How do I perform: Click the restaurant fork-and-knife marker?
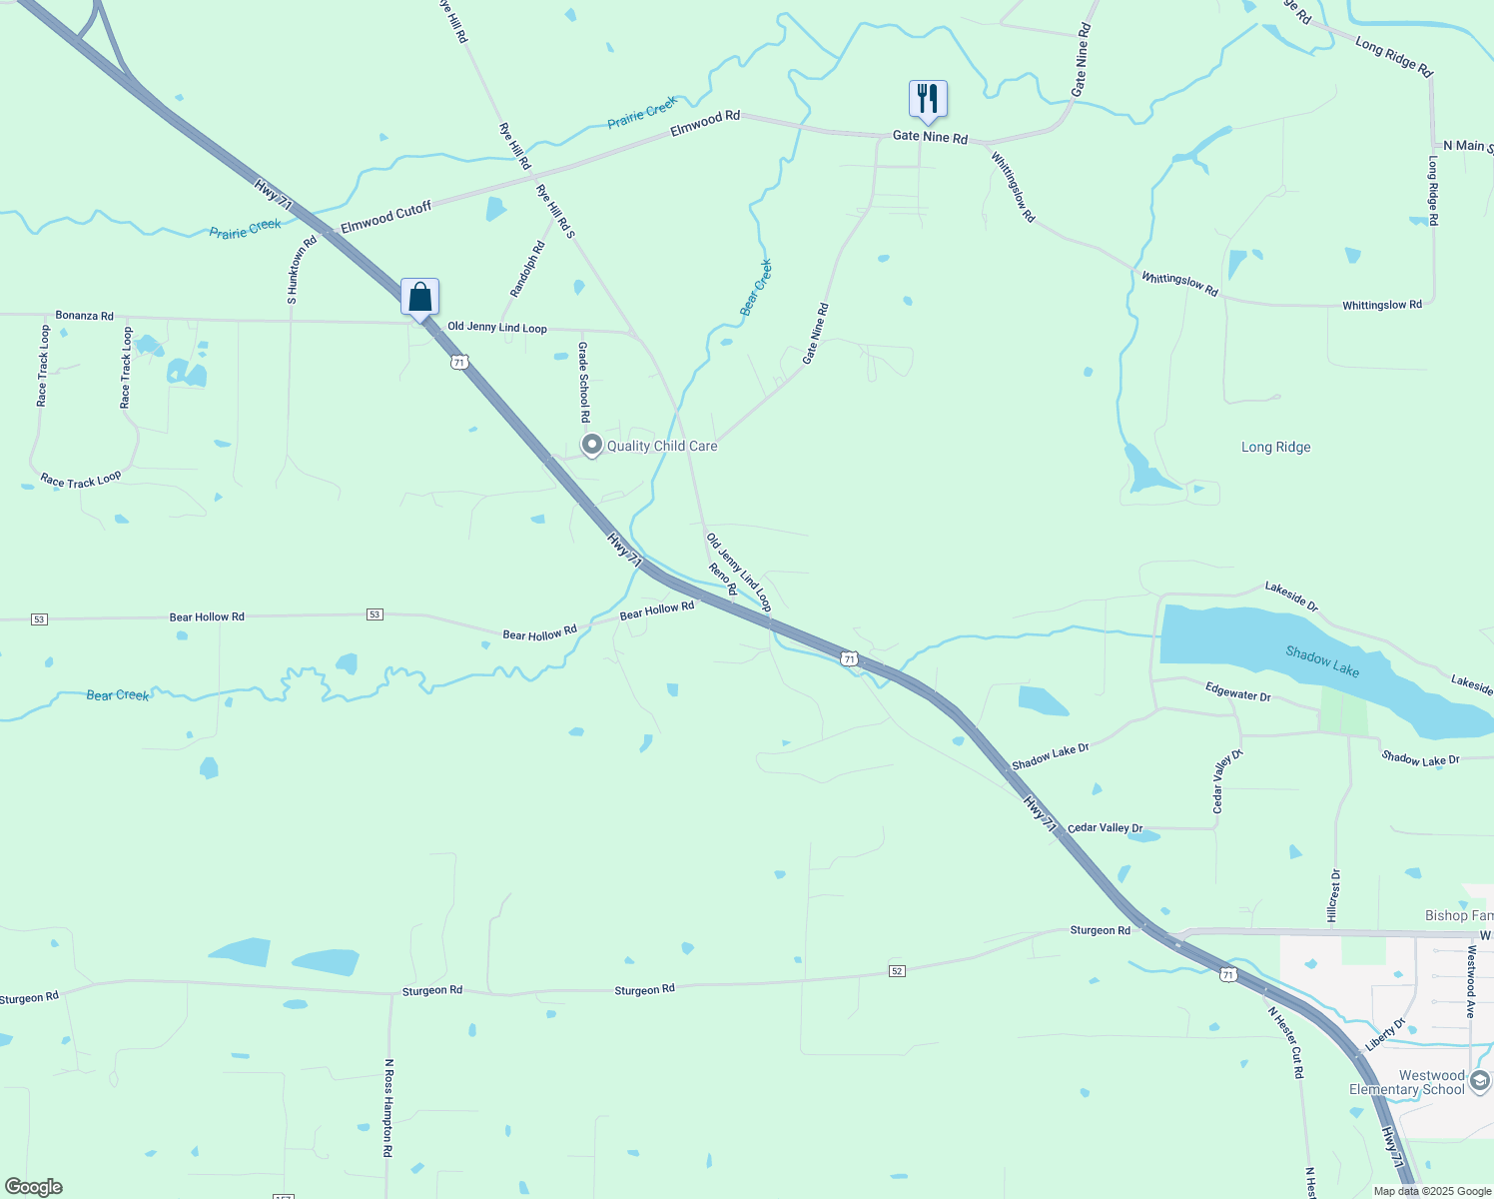pos(928,99)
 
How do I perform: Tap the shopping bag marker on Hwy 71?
pos(420,297)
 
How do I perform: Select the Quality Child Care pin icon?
pos(592,445)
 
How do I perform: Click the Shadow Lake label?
pos(1322,661)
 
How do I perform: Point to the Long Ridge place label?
pos(1275,448)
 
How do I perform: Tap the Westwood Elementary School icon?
pos(1480,1081)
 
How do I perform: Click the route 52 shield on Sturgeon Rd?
pos(897,971)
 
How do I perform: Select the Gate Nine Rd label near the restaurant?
pos(930,137)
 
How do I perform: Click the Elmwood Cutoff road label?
pos(385,217)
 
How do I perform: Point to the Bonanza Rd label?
pos(84,315)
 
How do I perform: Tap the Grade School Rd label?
pos(585,382)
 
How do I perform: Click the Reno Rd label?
pos(723,579)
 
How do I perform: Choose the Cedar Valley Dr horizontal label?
pos(1105,828)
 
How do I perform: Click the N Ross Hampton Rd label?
pos(388,1108)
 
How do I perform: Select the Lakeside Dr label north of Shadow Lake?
pos(1291,596)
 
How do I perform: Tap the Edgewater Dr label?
pos(1237,690)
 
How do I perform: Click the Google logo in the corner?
pos(33,1187)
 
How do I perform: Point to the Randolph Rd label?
pos(527,269)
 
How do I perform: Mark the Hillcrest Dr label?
pos(1334,895)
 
